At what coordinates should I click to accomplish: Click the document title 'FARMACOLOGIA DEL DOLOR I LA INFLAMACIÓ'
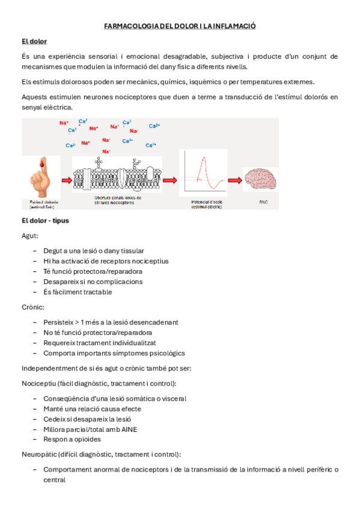click(180, 26)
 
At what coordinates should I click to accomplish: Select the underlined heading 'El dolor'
click(34, 41)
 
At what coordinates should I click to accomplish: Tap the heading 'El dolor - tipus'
click(45, 221)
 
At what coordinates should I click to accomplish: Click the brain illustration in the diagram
click(260, 179)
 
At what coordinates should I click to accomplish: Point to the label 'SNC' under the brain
click(263, 202)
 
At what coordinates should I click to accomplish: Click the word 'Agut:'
click(30, 236)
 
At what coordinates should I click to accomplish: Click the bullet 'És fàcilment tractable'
click(78, 292)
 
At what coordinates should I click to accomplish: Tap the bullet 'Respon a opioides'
click(72, 440)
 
